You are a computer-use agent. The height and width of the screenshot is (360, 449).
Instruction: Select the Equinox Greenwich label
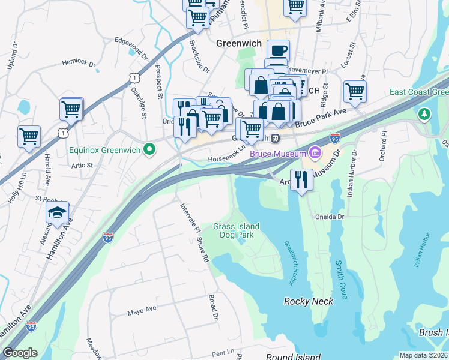(x=104, y=149)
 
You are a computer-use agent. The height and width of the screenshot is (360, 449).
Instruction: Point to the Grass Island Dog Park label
(x=237, y=230)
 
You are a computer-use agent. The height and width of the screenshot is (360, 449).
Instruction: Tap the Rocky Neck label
(x=308, y=301)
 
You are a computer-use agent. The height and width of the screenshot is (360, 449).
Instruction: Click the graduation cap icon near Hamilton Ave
(x=57, y=213)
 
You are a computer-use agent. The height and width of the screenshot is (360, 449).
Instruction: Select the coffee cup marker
(x=277, y=50)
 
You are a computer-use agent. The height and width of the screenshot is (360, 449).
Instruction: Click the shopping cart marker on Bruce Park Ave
(x=355, y=92)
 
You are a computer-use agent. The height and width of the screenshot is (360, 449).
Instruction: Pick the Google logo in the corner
(x=20, y=353)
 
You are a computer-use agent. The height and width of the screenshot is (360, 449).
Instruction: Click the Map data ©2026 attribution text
(x=423, y=355)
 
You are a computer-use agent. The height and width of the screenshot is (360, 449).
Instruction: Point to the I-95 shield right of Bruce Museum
(x=334, y=139)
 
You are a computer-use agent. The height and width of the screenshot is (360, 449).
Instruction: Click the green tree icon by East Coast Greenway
(x=424, y=113)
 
